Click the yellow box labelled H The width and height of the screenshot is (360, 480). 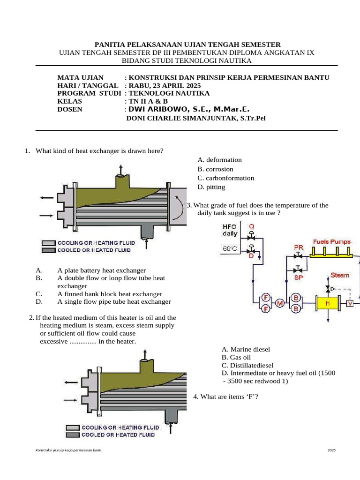pos(328,304)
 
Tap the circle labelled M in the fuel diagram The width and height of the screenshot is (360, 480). pos(280,303)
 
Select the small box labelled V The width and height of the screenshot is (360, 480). pos(350,304)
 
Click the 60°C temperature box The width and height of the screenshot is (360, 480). pos(230,249)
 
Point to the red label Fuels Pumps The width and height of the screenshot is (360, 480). pos(332,242)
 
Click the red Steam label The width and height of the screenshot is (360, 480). pos(340,275)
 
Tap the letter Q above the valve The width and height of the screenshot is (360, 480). pos(252,226)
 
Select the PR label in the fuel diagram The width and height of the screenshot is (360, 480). pos(298,247)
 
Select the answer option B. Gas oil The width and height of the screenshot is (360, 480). pos(238,357)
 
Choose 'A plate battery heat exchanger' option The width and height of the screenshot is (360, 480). pos(101,270)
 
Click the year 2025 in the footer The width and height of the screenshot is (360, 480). pos(331,450)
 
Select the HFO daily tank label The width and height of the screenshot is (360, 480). pos(230,230)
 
